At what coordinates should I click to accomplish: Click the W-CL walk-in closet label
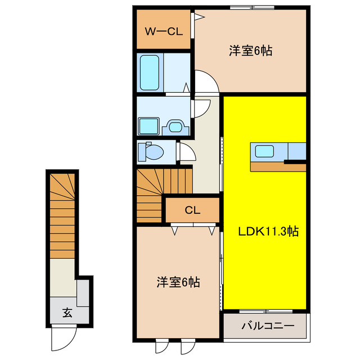164,31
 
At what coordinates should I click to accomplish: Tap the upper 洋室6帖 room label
250,51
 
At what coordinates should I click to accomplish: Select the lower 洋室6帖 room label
178,283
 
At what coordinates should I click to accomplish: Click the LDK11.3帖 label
262,231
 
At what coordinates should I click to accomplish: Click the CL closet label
192,210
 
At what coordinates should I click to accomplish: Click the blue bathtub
150,72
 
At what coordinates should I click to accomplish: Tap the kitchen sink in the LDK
264,151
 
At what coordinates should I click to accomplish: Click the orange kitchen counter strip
278,166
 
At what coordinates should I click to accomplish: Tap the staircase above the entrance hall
62,214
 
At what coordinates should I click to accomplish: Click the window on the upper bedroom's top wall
252,7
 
